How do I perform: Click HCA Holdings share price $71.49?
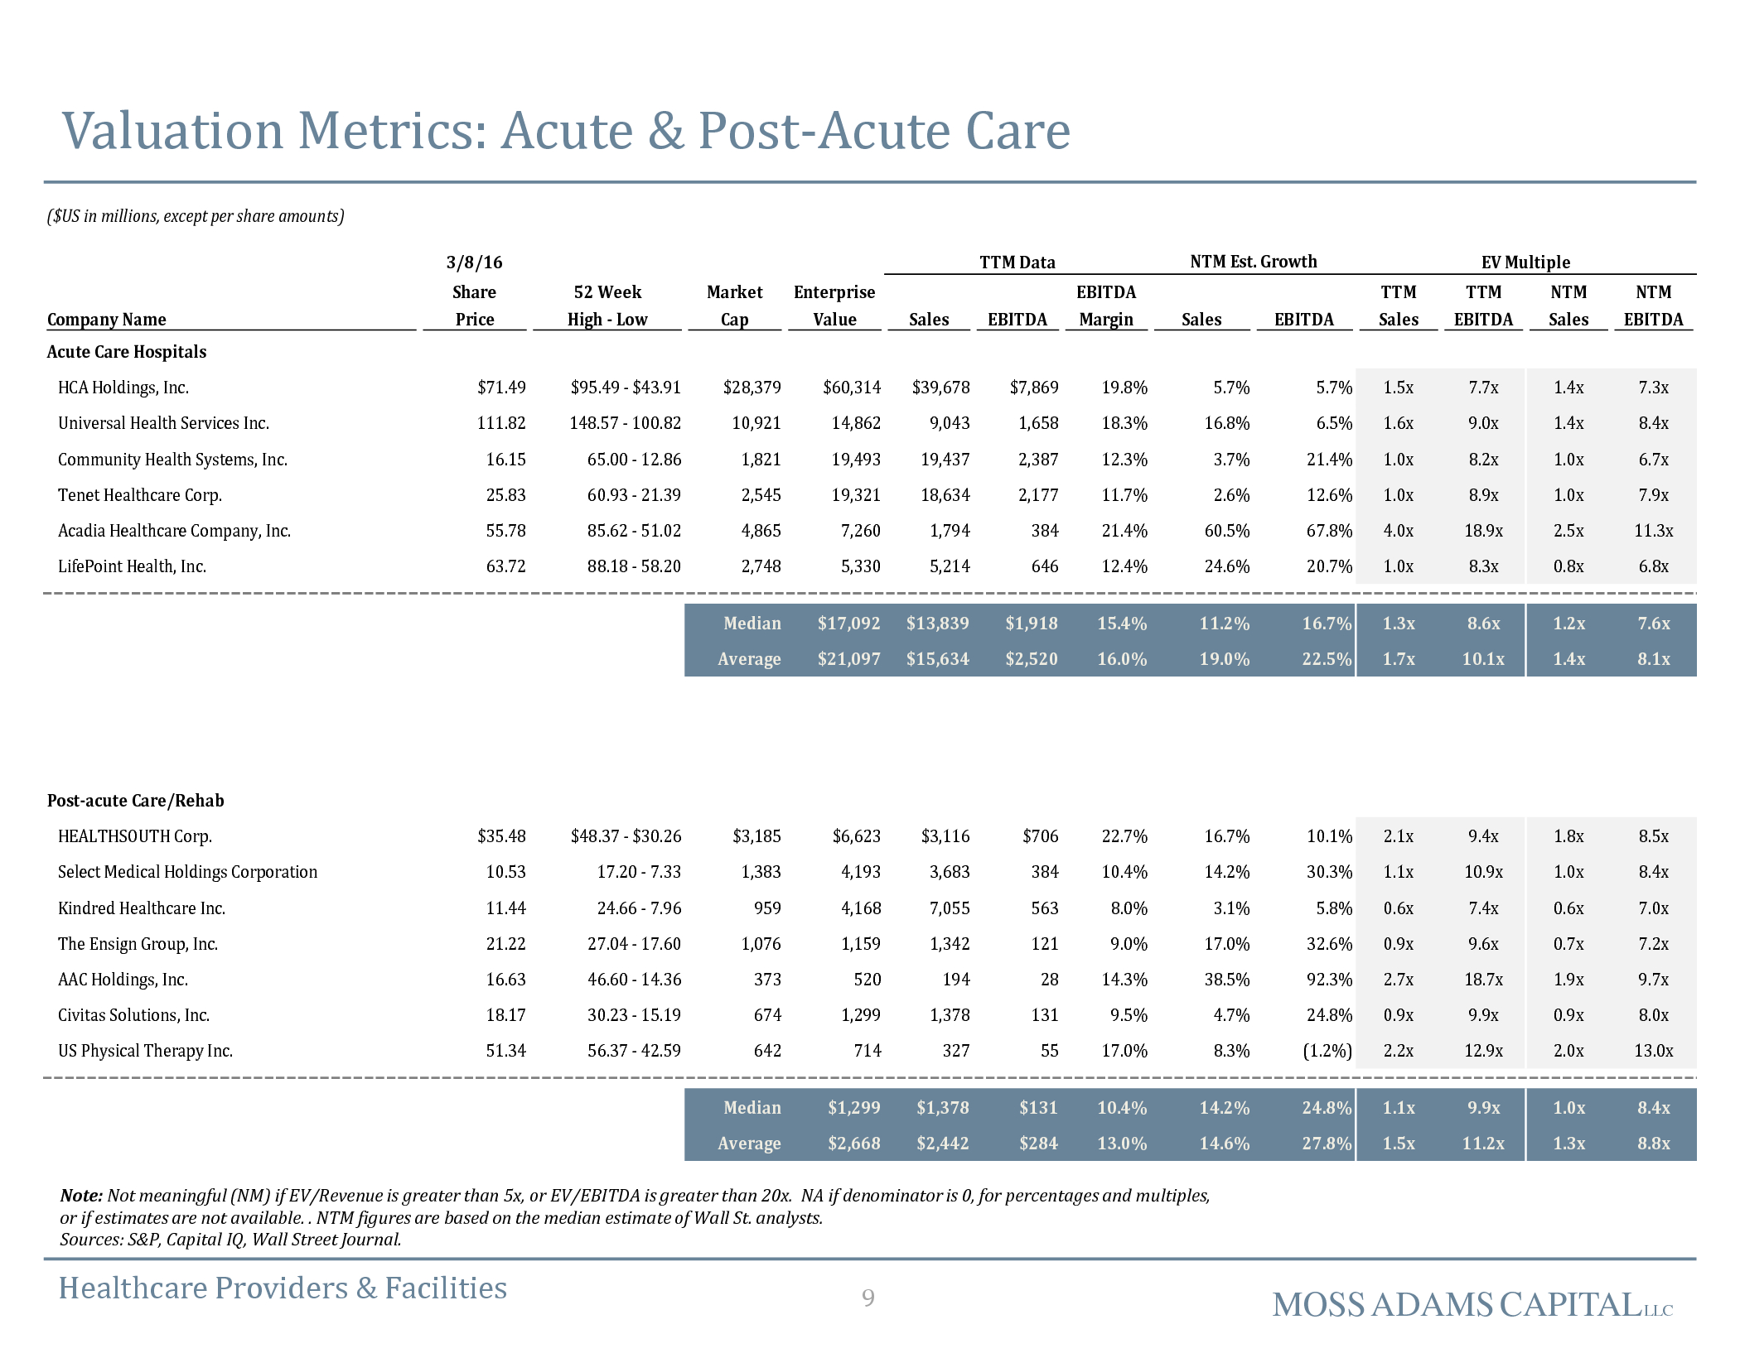coord(501,388)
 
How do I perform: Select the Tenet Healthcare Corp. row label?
coord(140,495)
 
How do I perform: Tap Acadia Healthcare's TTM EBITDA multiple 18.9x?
coord(1483,531)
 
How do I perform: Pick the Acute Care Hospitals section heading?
coord(127,352)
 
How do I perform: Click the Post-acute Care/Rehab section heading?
coord(136,801)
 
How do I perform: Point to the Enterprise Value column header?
coord(834,306)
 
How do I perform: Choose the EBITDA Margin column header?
coord(1106,306)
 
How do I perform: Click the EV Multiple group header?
coord(1525,262)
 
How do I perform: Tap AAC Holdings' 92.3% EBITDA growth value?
coord(1329,980)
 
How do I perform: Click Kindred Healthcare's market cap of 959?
coord(767,908)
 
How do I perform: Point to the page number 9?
coord(868,1298)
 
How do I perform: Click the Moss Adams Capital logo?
coord(1472,1305)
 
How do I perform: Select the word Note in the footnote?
coord(81,1196)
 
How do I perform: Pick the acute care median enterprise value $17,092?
coord(848,624)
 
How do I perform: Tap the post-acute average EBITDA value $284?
coord(1038,1144)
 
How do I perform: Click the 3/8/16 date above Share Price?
coord(474,262)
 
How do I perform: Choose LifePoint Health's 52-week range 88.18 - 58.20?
coord(634,566)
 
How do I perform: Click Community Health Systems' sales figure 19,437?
coord(945,460)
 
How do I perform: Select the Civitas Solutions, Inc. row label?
coord(133,1015)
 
